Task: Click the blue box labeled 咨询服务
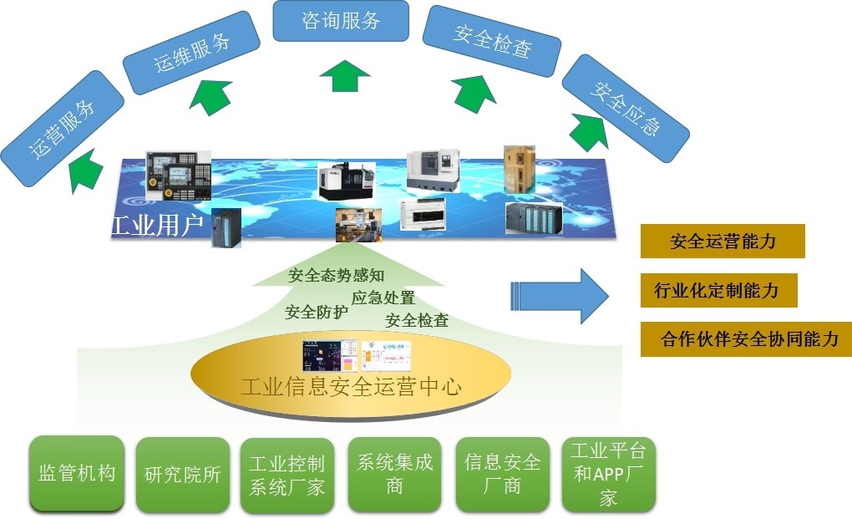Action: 341,21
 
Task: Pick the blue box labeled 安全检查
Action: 492,42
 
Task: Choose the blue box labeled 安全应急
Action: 625,109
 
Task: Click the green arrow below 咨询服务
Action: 344,75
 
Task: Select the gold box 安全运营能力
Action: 723,242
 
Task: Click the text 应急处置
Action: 383,298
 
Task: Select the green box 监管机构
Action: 76,473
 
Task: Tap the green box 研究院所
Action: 182,475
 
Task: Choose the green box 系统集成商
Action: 395,475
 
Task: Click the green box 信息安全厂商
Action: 502,475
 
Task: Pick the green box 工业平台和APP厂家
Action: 608,475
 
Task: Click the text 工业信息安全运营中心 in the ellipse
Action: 351,388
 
